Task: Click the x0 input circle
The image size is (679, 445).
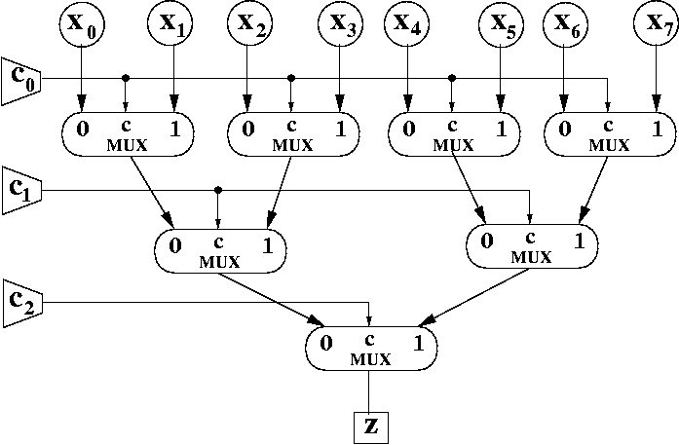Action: click(x=84, y=24)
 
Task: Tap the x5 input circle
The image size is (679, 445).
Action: click(x=498, y=24)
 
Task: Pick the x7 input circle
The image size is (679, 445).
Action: click(x=658, y=24)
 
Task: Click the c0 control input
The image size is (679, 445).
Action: click(x=19, y=81)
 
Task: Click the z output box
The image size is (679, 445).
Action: click(x=368, y=425)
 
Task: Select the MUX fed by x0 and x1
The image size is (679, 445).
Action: click(x=128, y=133)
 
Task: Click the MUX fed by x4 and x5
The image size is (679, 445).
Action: click(x=451, y=133)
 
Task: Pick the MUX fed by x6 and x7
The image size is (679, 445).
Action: click(x=609, y=133)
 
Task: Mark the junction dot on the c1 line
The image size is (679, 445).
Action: click(x=218, y=189)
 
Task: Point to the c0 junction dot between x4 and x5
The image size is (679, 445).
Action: click(x=451, y=77)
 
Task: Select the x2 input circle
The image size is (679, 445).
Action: click(x=247, y=24)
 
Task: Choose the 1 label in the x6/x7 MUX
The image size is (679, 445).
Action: click(x=658, y=128)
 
